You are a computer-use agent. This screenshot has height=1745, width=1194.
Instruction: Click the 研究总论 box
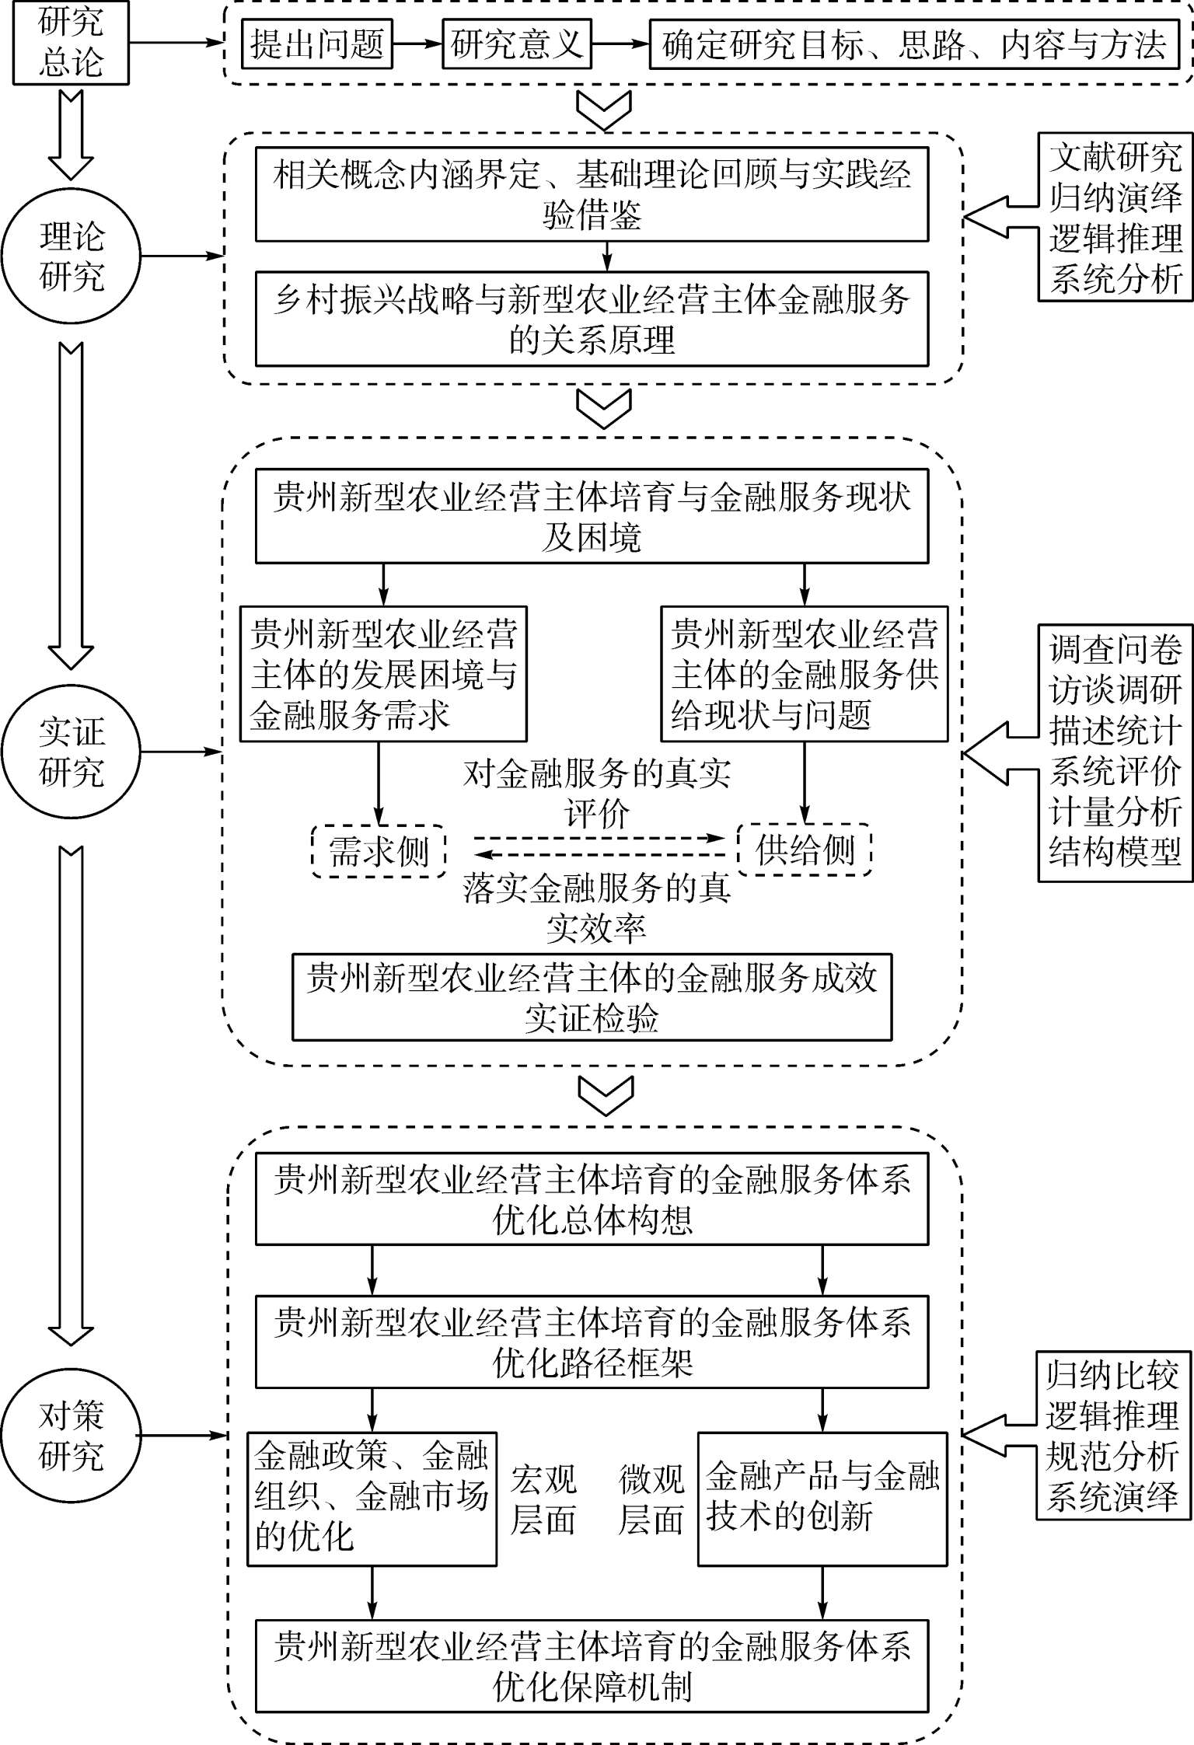point(71,42)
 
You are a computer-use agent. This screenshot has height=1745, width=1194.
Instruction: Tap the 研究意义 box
point(516,44)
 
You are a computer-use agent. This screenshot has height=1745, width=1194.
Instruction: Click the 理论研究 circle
point(71,256)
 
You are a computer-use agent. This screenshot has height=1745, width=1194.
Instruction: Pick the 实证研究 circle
point(71,752)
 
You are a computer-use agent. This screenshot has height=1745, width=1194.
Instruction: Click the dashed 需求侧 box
point(379,852)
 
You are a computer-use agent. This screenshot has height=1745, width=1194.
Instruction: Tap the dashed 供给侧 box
point(805,850)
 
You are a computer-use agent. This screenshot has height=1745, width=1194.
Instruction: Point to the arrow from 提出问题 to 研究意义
point(416,44)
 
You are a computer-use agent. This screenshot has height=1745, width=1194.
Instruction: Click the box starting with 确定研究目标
point(914,44)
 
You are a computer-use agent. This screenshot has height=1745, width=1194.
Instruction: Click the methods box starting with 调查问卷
point(1115,752)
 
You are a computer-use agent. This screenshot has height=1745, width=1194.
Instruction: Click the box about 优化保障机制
point(592,1666)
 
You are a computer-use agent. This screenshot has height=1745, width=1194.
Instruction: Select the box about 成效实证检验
point(592,997)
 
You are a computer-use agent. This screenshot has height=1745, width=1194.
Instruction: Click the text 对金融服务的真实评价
point(597,794)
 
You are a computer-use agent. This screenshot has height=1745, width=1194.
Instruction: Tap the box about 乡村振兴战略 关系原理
point(592,319)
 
